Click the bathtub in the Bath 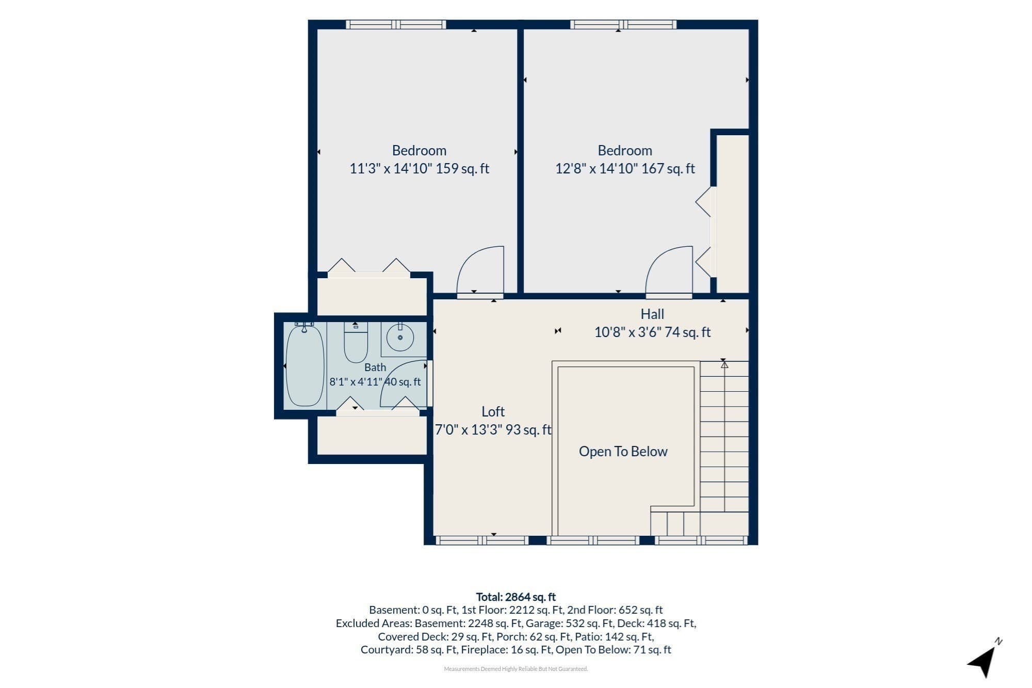click(305, 365)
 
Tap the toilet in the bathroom click(356, 342)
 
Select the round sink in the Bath click(400, 338)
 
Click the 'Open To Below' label click(623, 452)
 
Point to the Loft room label click(493, 412)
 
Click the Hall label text click(652, 314)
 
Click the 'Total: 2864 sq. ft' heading click(516, 597)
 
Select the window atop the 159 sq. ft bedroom click(396, 24)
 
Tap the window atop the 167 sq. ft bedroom click(623, 24)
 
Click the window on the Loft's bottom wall click(482, 540)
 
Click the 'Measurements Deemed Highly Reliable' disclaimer click(516, 669)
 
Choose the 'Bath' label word click(375, 367)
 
